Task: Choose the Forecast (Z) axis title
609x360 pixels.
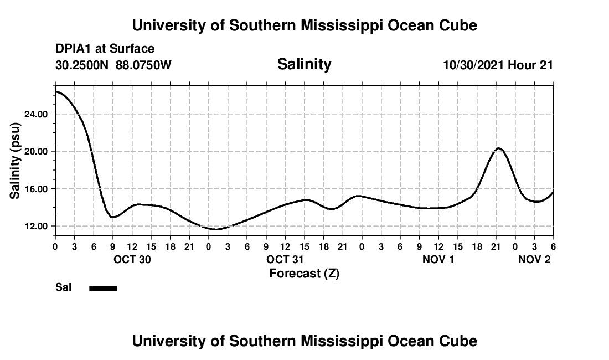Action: (x=304, y=273)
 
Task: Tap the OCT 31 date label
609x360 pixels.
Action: (x=285, y=259)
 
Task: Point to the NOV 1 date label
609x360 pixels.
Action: (x=438, y=259)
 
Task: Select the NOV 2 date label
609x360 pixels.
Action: (x=534, y=259)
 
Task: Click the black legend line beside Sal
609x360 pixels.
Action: (x=103, y=288)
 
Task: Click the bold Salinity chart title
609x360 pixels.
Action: (x=304, y=64)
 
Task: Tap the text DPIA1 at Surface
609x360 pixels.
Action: (x=105, y=49)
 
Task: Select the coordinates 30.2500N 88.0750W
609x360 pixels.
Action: (x=113, y=65)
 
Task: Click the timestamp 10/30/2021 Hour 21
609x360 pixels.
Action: (x=498, y=65)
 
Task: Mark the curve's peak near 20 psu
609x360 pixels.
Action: (x=498, y=148)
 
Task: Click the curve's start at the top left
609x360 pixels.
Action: (x=56, y=91)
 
